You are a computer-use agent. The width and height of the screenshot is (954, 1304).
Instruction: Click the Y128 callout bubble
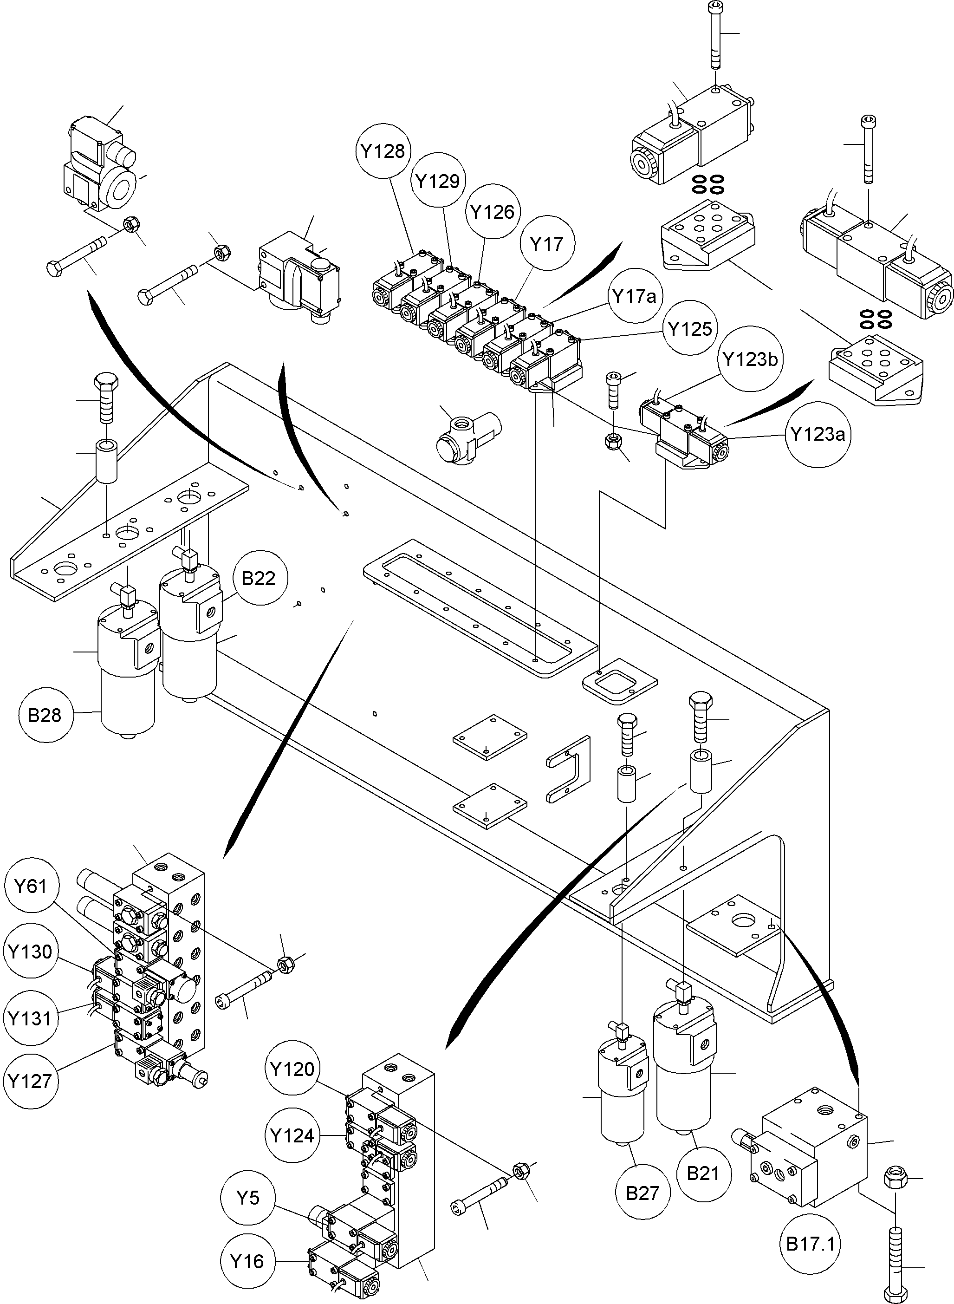coord(383,151)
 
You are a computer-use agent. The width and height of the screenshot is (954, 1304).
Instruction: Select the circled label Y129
coord(438,181)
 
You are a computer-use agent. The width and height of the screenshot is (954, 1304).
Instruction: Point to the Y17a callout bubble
coord(634,296)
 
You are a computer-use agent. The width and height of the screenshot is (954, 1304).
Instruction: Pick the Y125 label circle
coord(689,329)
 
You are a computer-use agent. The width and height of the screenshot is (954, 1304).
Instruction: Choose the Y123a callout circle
coord(817,434)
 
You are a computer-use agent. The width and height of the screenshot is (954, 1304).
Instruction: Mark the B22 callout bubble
coord(258,578)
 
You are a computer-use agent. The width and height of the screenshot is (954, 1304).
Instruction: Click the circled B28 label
coord(45,716)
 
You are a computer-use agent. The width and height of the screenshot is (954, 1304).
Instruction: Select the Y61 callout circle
coord(30,886)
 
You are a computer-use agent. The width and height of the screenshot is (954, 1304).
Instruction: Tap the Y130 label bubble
coord(30,951)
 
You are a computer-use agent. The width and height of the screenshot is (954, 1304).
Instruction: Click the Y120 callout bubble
coord(292,1069)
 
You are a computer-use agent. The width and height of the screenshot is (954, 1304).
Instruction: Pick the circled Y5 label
coord(248,1198)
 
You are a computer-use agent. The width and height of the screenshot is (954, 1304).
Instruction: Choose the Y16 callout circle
coord(247,1261)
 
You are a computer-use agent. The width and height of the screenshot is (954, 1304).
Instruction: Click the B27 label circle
coord(642,1193)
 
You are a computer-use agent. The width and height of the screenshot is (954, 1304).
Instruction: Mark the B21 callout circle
coord(703,1174)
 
